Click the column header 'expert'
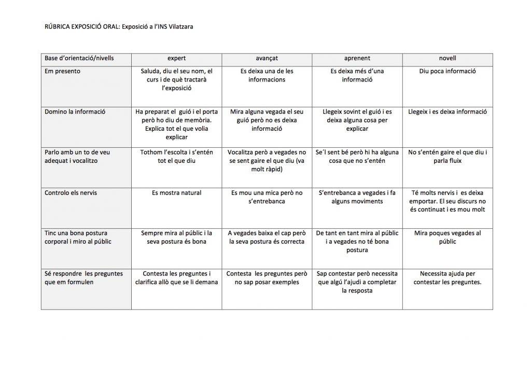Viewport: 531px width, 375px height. (x=176, y=59)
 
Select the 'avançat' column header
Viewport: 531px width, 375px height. (x=267, y=59)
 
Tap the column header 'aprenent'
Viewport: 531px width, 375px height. (x=357, y=59)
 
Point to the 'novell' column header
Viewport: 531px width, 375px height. (x=447, y=59)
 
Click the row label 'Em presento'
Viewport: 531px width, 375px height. (x=63, y=71)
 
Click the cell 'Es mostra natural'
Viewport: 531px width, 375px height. (x=176, y=193)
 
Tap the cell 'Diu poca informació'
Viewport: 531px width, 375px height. (x=447, y=71)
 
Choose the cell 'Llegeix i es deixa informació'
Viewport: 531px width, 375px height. (x=447, y=112)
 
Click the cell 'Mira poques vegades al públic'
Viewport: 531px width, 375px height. (x=447, y=238)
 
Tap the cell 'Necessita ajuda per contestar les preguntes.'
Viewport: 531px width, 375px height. (x=447, y=278)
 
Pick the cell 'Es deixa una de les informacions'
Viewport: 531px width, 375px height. (x=267, y=75)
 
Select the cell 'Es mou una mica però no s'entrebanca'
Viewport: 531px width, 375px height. (x=267, y=197)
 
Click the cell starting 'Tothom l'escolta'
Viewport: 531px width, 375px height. (x=176, y=157)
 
